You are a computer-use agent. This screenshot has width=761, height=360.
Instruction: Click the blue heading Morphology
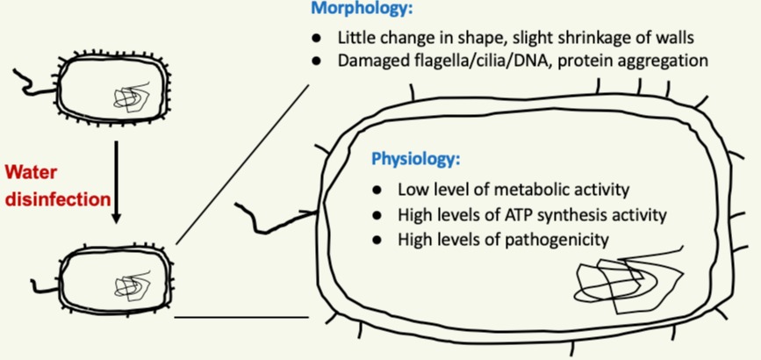tap(361, 10)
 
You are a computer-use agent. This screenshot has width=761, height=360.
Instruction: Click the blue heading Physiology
tap(416, 160)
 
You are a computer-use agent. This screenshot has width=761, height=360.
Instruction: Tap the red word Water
tap(30, 171)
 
